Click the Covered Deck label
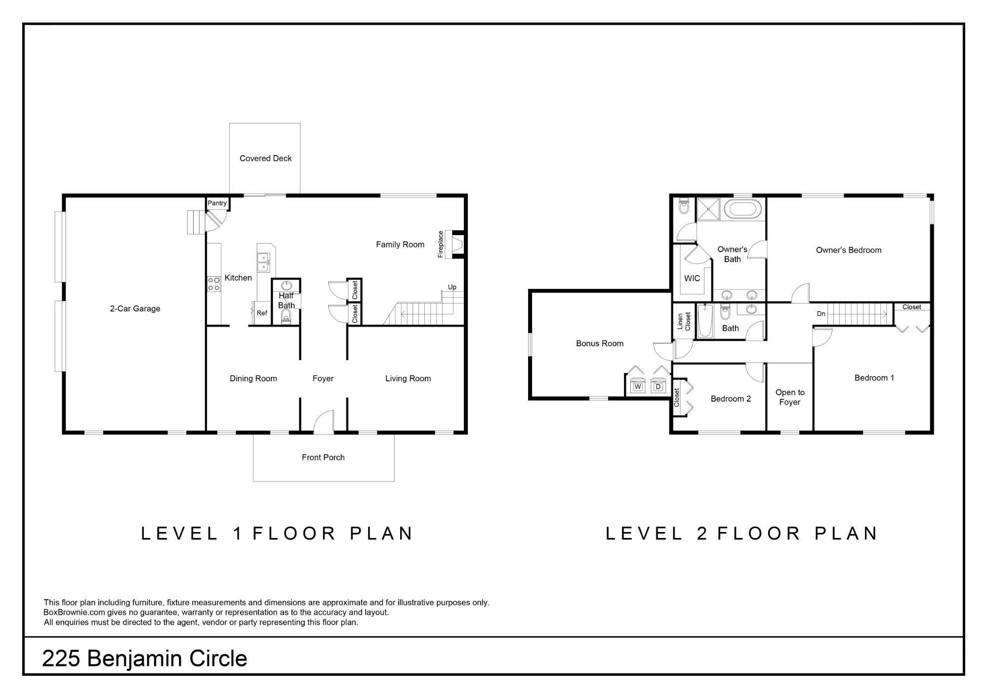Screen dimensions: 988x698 point(266,159)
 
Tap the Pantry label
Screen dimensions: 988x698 point(217,203)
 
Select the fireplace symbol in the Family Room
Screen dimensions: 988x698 point(455,244)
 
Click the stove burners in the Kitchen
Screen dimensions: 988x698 point(213,284)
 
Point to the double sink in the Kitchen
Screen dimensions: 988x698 point(264,262)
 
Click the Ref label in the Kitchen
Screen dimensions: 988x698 point(262,313)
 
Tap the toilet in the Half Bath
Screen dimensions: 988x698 point(286,316)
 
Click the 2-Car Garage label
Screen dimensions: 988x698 point(135,309)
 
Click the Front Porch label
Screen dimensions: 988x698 point(323,457)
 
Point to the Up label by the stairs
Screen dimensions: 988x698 point(452,287)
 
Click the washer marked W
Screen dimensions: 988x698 point(638,386)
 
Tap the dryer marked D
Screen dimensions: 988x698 point(658,386)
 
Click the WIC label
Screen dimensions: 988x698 point(692,278)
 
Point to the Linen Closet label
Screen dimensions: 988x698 point(684,321)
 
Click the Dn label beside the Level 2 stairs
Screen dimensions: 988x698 point(821,314)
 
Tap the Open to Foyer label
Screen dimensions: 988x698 point(790,397)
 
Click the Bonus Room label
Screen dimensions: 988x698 point(600,343)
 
